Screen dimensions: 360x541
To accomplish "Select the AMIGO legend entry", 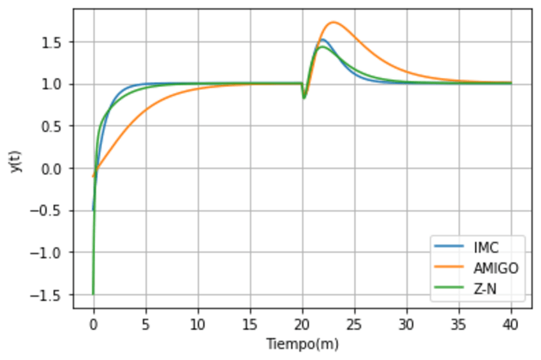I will pyautogui.click(x=496, y=268).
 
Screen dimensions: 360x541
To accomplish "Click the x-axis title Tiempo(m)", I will pyautogui.click(x=302, y=345).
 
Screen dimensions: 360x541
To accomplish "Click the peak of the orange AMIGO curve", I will pyautogui.click(x=333, y=22).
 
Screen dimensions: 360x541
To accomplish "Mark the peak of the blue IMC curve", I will pyautogui.click(x=323, y=40).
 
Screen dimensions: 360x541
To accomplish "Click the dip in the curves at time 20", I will pyautogui.click(x=304, y=98).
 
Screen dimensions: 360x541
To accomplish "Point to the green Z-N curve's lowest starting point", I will pyautogui.click(x=94, y=294).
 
